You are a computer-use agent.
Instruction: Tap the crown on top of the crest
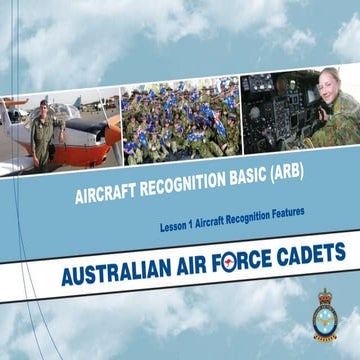tap(324, 296)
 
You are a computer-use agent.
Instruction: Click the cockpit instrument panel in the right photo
tap(275, 120)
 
